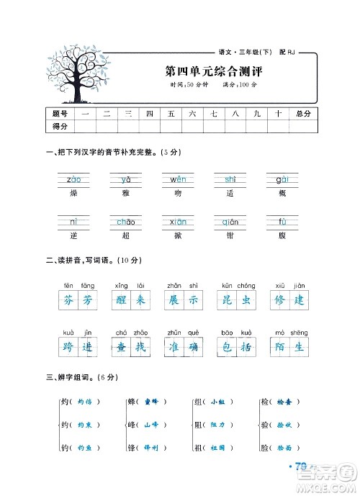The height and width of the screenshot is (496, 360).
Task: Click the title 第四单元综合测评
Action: click(x=204, y=72)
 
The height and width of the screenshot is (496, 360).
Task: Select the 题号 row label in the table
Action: click(x=60, y=114)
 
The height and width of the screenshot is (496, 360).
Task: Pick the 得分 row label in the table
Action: click(x=60, y=126)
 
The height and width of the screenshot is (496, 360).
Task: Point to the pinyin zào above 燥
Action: click(x=73, y=179)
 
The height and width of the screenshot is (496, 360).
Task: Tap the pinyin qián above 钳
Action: click(x=230, y=222)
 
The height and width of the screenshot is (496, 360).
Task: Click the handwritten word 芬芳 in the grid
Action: click(x=78, y=301)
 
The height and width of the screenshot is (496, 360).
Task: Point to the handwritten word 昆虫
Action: click(x=238, y=301)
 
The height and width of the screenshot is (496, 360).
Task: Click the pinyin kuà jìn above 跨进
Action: click(x=78, y=333)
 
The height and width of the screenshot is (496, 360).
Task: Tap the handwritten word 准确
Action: click(x=184, y=348)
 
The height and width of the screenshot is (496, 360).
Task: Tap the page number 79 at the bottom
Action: click(x=305, y=469)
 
